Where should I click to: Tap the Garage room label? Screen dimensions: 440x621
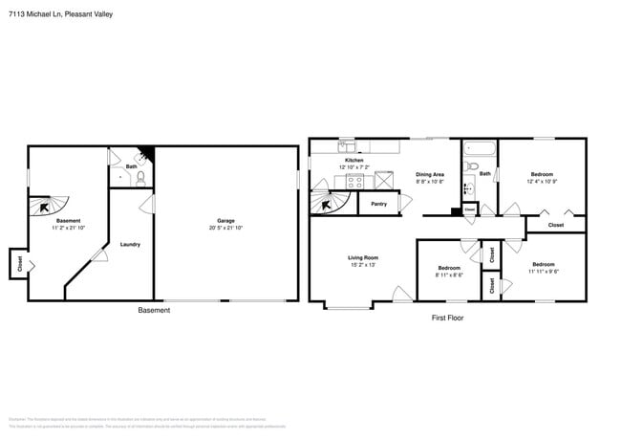click(x=225, y=220)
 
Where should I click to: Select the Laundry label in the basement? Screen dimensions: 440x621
click(x=130, y=244)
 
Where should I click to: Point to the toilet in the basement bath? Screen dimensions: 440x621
click(x=140, y=177)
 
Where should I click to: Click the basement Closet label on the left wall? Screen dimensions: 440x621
click(x=18, y=263)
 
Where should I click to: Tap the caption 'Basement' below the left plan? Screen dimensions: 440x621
click(x=154, y=310)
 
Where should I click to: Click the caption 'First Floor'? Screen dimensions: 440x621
click(x=447, y=317)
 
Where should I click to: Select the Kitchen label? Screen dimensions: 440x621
click(x=353, y=160)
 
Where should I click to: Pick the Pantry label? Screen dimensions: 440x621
click(x=378, y=203)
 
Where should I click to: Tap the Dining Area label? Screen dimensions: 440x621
click(x=430, y=174)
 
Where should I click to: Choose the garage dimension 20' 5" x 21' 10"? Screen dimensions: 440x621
click(x=225, y=228)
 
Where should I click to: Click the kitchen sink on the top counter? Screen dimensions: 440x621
click(x=347, y=146)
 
